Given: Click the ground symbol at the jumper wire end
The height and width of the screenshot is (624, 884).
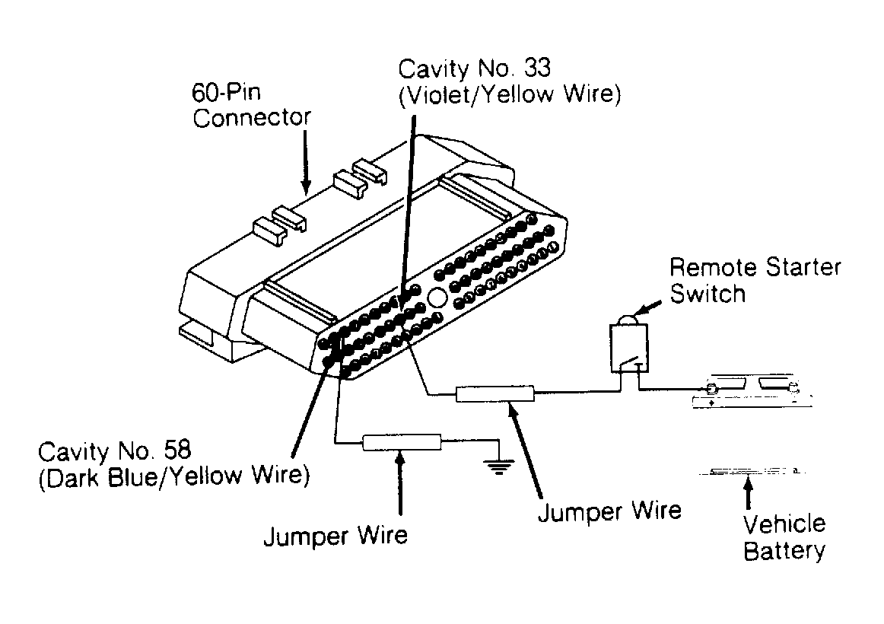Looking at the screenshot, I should [498, 465].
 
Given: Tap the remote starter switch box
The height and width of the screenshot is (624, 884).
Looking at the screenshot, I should [628, 349].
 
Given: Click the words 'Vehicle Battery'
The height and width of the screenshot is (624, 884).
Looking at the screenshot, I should [784, 537].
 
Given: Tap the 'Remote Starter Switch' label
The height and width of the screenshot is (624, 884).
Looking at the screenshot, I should [755, 281].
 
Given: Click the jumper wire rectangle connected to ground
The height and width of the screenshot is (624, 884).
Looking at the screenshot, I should [401, 442].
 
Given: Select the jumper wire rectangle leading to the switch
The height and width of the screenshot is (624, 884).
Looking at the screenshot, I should [494, 394].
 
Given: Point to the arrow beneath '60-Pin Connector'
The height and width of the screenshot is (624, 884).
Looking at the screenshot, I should [305, 160].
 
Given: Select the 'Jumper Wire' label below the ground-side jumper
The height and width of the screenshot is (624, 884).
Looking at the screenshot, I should [335, 536].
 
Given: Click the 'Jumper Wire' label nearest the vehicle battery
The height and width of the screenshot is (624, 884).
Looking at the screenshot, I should [609, 511].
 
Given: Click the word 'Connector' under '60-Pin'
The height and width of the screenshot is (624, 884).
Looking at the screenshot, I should [252, 119].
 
